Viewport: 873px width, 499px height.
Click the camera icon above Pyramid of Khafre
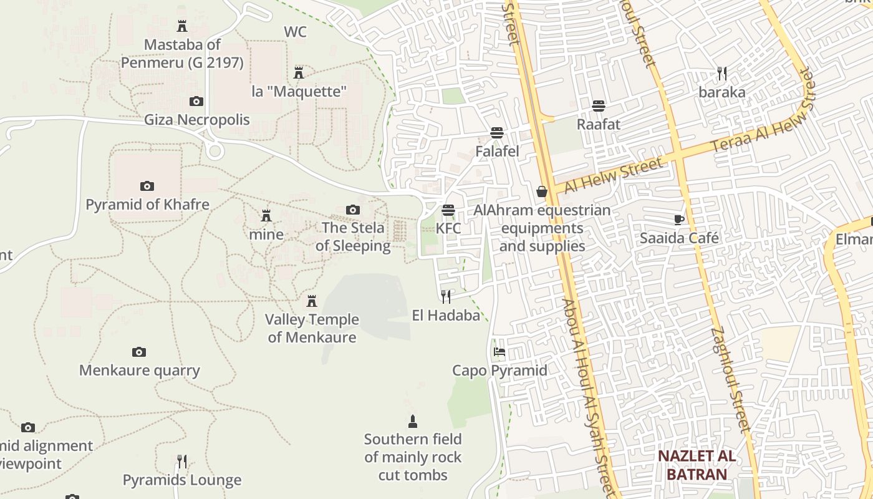(x=147, y=186)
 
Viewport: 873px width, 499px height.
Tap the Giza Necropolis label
(x=197, y=120)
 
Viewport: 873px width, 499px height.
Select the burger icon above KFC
(x=448, y=210)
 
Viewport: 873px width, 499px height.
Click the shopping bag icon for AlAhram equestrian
(x=542, y=191)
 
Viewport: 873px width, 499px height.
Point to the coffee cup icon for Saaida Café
(x=679, y=220)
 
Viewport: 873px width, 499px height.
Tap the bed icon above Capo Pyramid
(x=499, y=352)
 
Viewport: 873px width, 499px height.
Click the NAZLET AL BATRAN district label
(x=697, y=465)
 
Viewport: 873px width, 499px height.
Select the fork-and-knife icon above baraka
(x=722, y=74)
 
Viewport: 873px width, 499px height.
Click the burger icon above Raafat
(x=599, y=105)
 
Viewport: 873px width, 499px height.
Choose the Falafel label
(x=497, y=152)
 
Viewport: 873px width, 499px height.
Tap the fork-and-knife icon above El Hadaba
(x=446, y=296)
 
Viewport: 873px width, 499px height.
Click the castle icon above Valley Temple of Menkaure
(x=312, y=301)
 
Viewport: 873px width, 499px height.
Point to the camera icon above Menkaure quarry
(x=139, y=352)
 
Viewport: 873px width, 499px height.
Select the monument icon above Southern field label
(x=412, y=421)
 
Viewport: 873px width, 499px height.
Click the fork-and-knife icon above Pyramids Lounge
(x=181, y=462)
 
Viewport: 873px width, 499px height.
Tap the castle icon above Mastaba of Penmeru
(x=182, y=26)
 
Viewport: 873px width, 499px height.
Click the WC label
(x=295, y=32)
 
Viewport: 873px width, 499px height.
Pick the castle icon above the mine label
(x=266, y=216)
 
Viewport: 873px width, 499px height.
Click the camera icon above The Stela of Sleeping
(x=353, y=210)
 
